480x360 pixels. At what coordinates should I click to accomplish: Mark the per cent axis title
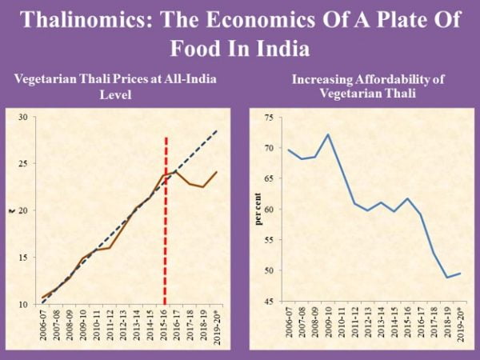click(258, 210)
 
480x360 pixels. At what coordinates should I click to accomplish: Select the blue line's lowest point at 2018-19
click(446, 278)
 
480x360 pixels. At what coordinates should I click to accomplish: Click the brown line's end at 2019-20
click(217, 171)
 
